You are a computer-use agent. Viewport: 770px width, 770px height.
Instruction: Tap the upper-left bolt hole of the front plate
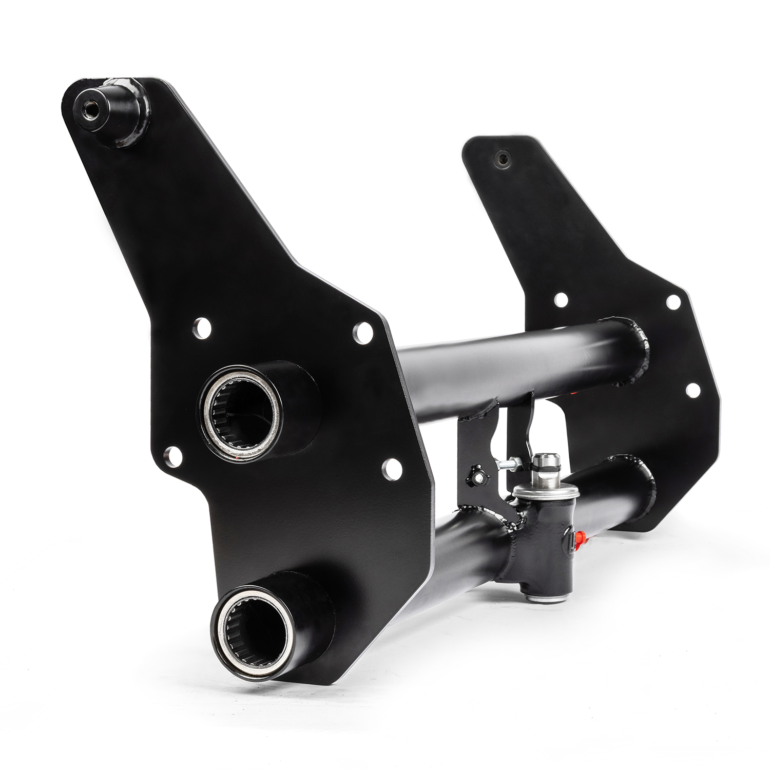[202, 328]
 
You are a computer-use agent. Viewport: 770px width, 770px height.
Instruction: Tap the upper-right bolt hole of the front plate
[363, 333]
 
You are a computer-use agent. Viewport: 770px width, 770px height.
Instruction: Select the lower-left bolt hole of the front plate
[172, 456]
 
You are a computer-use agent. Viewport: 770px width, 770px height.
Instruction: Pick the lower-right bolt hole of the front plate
[392, 469]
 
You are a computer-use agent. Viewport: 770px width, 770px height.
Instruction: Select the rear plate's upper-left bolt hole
[561, 300]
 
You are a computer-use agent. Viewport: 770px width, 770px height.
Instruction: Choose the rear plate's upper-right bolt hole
[673, 302]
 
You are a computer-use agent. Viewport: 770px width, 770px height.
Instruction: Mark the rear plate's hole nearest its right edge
[693, 390]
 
